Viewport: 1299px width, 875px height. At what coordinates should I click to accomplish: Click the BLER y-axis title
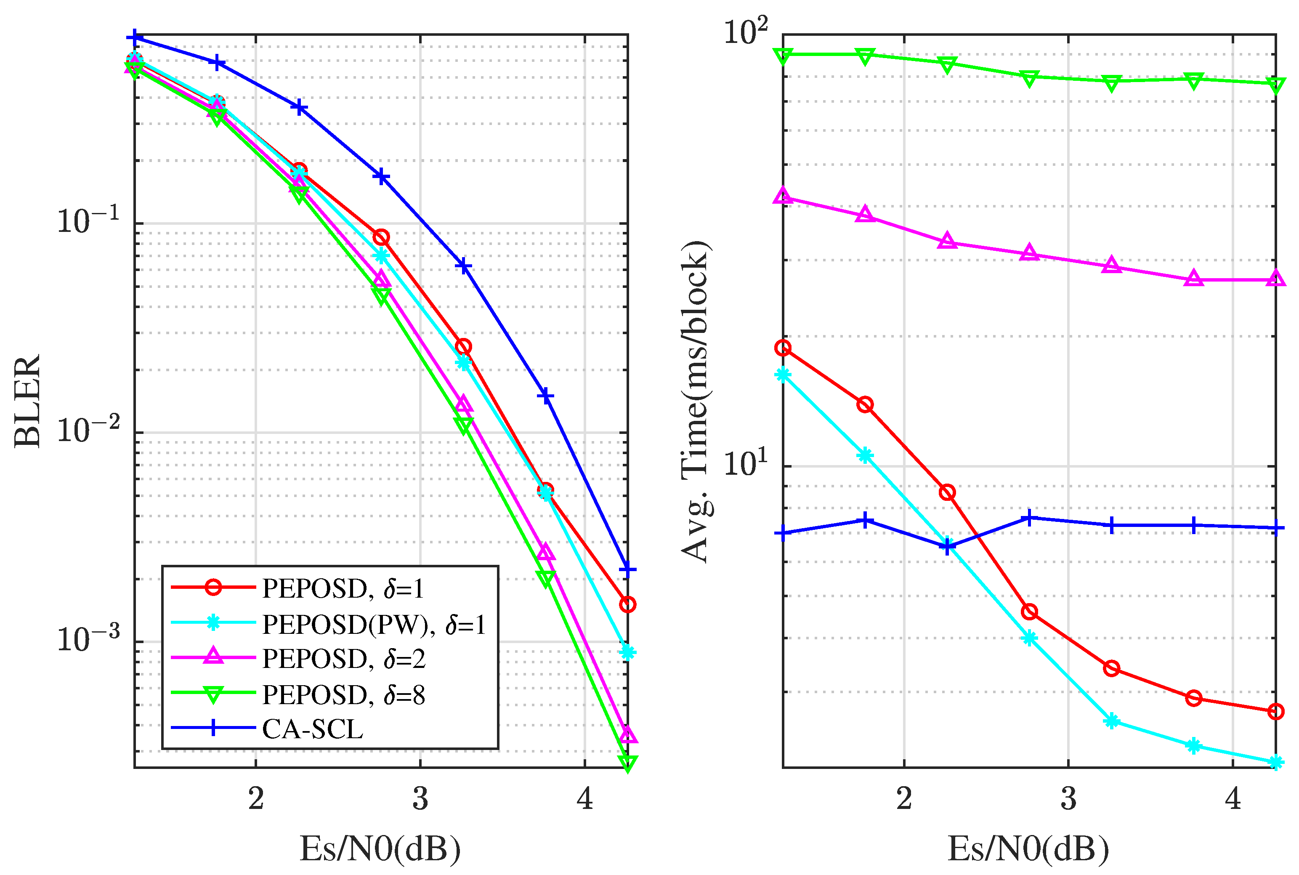pos(27,400)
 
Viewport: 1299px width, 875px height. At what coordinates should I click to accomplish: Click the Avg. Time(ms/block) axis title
pos(695,400)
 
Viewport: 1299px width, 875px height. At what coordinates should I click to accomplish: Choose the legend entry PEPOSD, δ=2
pos(343,659)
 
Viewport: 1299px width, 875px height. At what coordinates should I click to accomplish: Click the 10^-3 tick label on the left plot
pos(88,638)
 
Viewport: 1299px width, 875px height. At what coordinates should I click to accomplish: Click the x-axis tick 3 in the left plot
pos(420,799)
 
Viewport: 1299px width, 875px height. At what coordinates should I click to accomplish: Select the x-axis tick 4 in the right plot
pos(1233,799)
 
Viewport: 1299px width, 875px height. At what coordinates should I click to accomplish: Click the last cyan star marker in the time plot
pos(1275,762)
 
